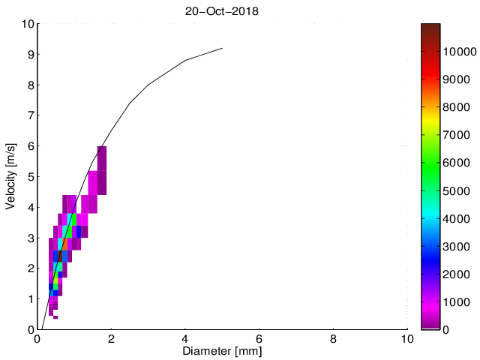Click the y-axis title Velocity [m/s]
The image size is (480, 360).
[11, 176]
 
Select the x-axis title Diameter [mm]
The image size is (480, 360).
[222, 351]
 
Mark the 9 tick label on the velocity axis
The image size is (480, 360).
[30, 55]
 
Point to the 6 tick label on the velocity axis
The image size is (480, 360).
[30, 146]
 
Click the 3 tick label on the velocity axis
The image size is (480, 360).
[30, 238]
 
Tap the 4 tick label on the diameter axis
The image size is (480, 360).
[185, 339]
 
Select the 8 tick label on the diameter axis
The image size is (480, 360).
[334, 339]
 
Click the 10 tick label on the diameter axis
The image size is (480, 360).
[407, 339]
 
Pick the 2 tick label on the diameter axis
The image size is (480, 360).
[112, 339]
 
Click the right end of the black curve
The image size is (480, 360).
[222, 48]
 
